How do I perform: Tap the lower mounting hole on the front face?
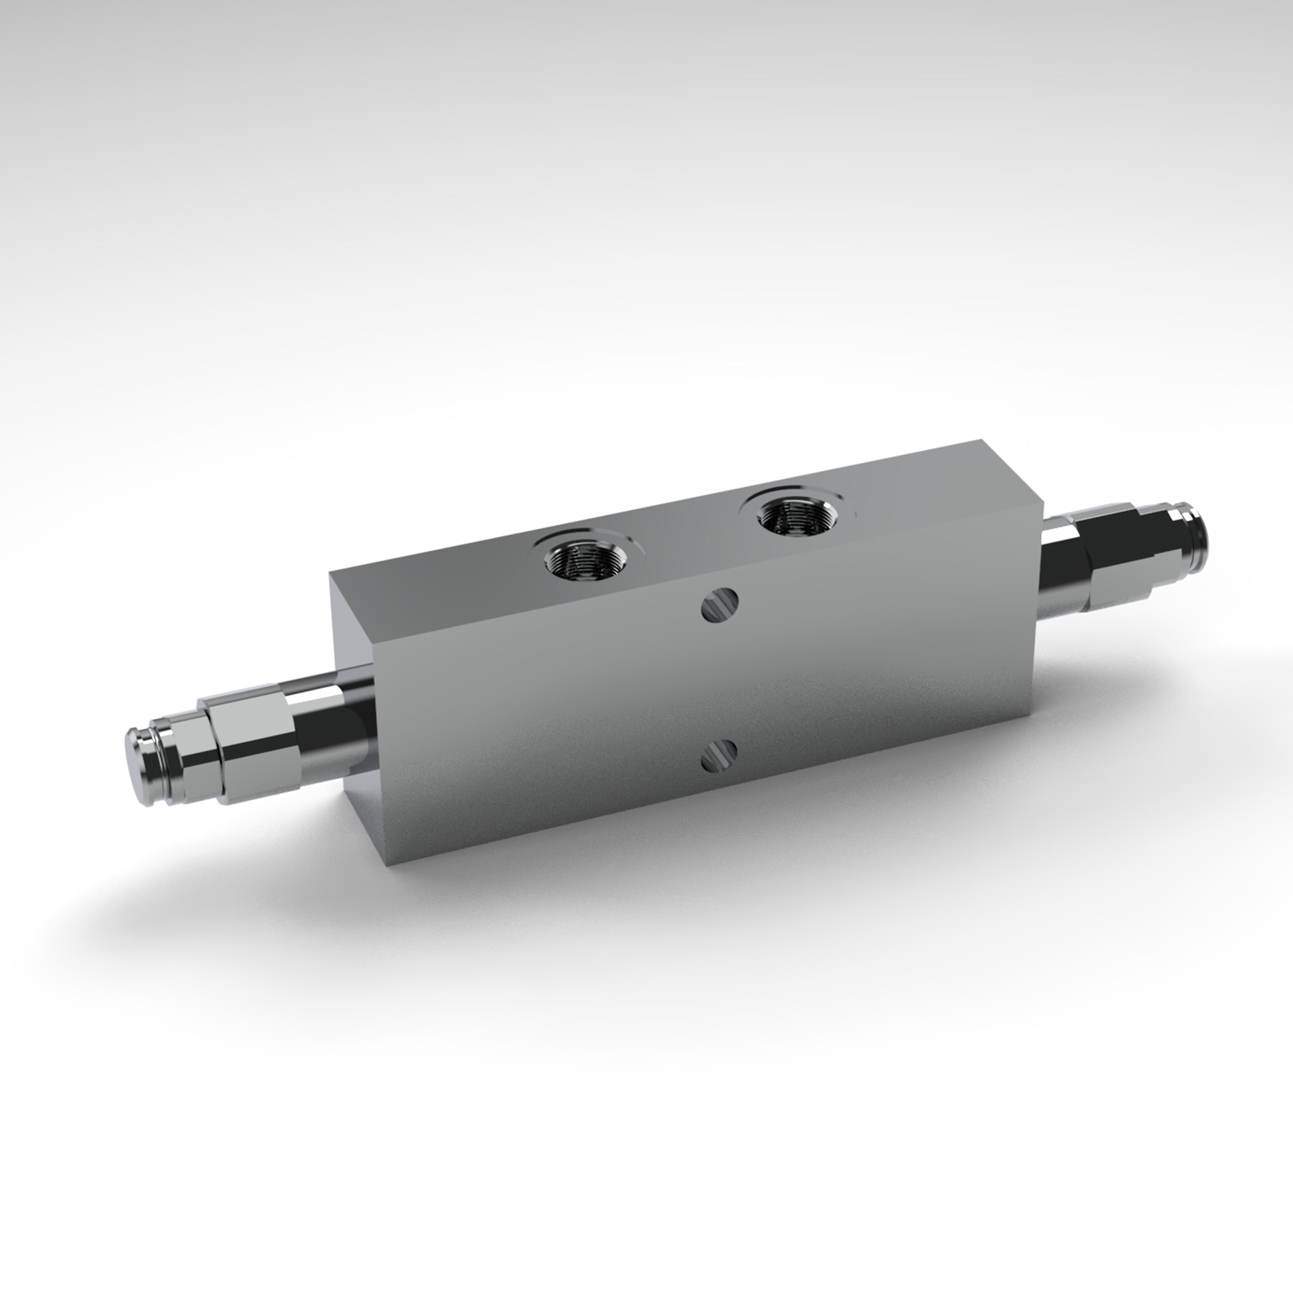719,754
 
